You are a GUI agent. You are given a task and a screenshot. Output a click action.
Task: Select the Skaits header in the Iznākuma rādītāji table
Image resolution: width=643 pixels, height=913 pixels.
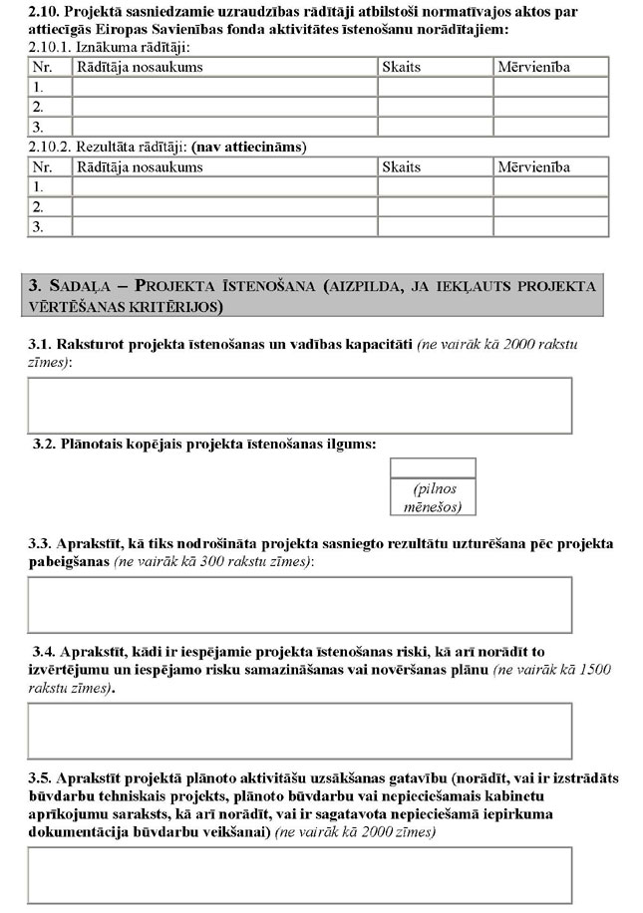401,67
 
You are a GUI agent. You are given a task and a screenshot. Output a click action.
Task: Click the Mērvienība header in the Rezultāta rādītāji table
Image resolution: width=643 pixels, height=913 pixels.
533,166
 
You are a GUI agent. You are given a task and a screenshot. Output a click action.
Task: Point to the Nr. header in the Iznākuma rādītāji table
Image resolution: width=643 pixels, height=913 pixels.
42,67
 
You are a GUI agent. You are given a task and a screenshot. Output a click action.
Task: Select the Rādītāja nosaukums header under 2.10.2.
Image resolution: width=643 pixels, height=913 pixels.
139,166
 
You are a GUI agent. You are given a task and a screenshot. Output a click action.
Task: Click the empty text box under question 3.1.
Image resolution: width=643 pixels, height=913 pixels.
299,405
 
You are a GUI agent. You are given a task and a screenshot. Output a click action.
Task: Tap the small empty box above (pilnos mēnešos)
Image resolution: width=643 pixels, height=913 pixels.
432,467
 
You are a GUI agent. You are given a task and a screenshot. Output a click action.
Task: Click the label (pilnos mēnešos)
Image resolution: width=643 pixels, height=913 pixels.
433,498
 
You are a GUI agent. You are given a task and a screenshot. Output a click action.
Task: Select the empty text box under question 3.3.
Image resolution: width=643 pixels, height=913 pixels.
299,605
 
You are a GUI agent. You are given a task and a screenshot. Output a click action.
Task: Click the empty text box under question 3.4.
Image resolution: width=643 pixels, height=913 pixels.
299,731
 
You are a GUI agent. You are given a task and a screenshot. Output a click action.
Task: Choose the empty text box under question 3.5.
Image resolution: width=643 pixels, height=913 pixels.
299,874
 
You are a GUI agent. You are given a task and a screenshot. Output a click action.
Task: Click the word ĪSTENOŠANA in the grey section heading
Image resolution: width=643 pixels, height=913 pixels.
249,287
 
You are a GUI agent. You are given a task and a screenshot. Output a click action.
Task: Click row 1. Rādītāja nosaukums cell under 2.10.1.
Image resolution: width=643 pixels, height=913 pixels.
224,87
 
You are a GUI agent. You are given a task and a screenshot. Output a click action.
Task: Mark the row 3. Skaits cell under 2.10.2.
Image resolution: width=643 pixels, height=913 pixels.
435,227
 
